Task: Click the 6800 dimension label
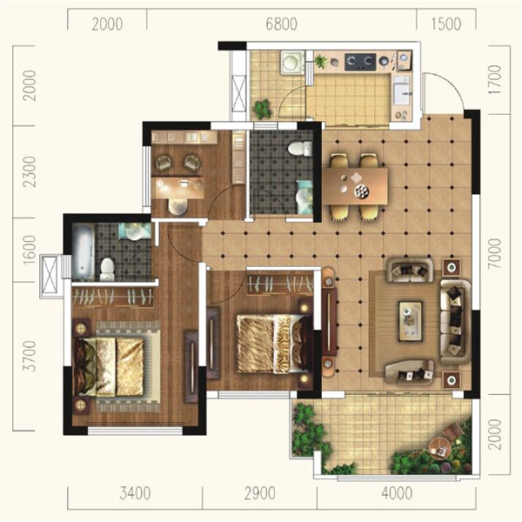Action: click(x=281, y=24)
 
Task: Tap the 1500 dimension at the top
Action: click(x=446, y=24)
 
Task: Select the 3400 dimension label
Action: click(x=135, y=493)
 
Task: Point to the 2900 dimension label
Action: click(x=259, y=493)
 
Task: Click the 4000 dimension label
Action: click(x=397, y=493)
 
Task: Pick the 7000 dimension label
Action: click(x=495, y=254)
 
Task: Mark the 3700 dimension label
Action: click(x=29, y=356)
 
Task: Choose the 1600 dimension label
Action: click(x=29, y=250)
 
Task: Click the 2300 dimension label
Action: click(x=29, y=171)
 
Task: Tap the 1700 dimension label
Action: click(x=495, y=79)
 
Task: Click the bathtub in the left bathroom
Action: click(x=83, y=251)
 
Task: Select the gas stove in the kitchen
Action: click(x=360, y=62)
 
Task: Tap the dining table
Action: click(x=355, y=186)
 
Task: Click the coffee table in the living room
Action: click(x=411, y=321)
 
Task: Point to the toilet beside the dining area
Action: click(x=299, y=149)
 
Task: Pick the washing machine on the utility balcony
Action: click(x=292, y=63)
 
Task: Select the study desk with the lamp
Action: click(x=177, y=188)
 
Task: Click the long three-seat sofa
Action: click(x=455, y=322)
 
